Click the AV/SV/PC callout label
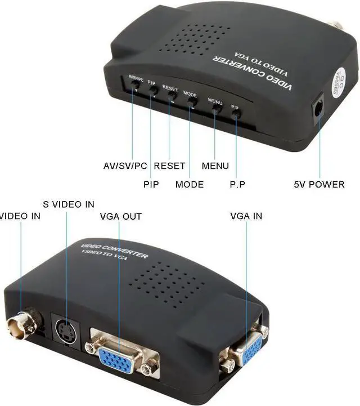click(125, 166)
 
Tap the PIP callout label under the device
click(151, 184)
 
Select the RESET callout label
click(169, 166)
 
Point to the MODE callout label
click(190, 184)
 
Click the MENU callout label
click(215, 166)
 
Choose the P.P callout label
click(237, 184)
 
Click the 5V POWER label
click(319, 184)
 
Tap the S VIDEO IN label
click(69, 204)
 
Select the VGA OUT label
click(120, 216)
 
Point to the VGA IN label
click(246, 216)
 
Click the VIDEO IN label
click(20, 216)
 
